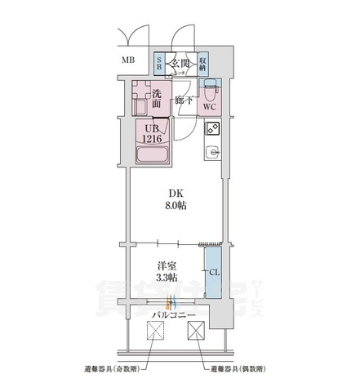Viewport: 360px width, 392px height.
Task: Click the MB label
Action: (x=129, y=61)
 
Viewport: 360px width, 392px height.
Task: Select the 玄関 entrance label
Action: (x=180, y=62)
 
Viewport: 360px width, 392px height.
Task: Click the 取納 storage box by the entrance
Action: (x=202, y=62)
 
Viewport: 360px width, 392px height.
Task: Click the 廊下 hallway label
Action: (x=184, y=101)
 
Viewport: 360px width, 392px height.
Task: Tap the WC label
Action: (x=208, y=106)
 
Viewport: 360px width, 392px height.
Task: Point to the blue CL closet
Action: (x=211, y=273)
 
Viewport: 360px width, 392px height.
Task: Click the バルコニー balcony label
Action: (x=171, y=314)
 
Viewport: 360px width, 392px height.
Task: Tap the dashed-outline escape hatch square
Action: (x=155, y=331)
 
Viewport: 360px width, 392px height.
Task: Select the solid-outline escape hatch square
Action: (x=197, y=331)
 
